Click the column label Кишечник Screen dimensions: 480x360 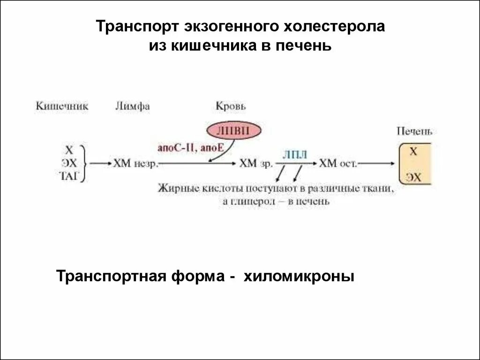[x=62, y=106]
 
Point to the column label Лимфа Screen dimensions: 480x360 [x=133, y=106]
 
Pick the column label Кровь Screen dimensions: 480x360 [x=231, y=106]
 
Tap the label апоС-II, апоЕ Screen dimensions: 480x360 [x=192, y=148]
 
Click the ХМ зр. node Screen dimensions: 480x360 [x=255, y=164]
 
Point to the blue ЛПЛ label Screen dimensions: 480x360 [x=295, y=155]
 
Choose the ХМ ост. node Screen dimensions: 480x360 [x=338, y=164]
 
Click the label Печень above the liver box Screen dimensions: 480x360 [x=414, y=131]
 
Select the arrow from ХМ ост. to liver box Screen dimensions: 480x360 [x=377, y=164]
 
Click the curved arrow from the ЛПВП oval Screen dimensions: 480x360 [x=220, y=152]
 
